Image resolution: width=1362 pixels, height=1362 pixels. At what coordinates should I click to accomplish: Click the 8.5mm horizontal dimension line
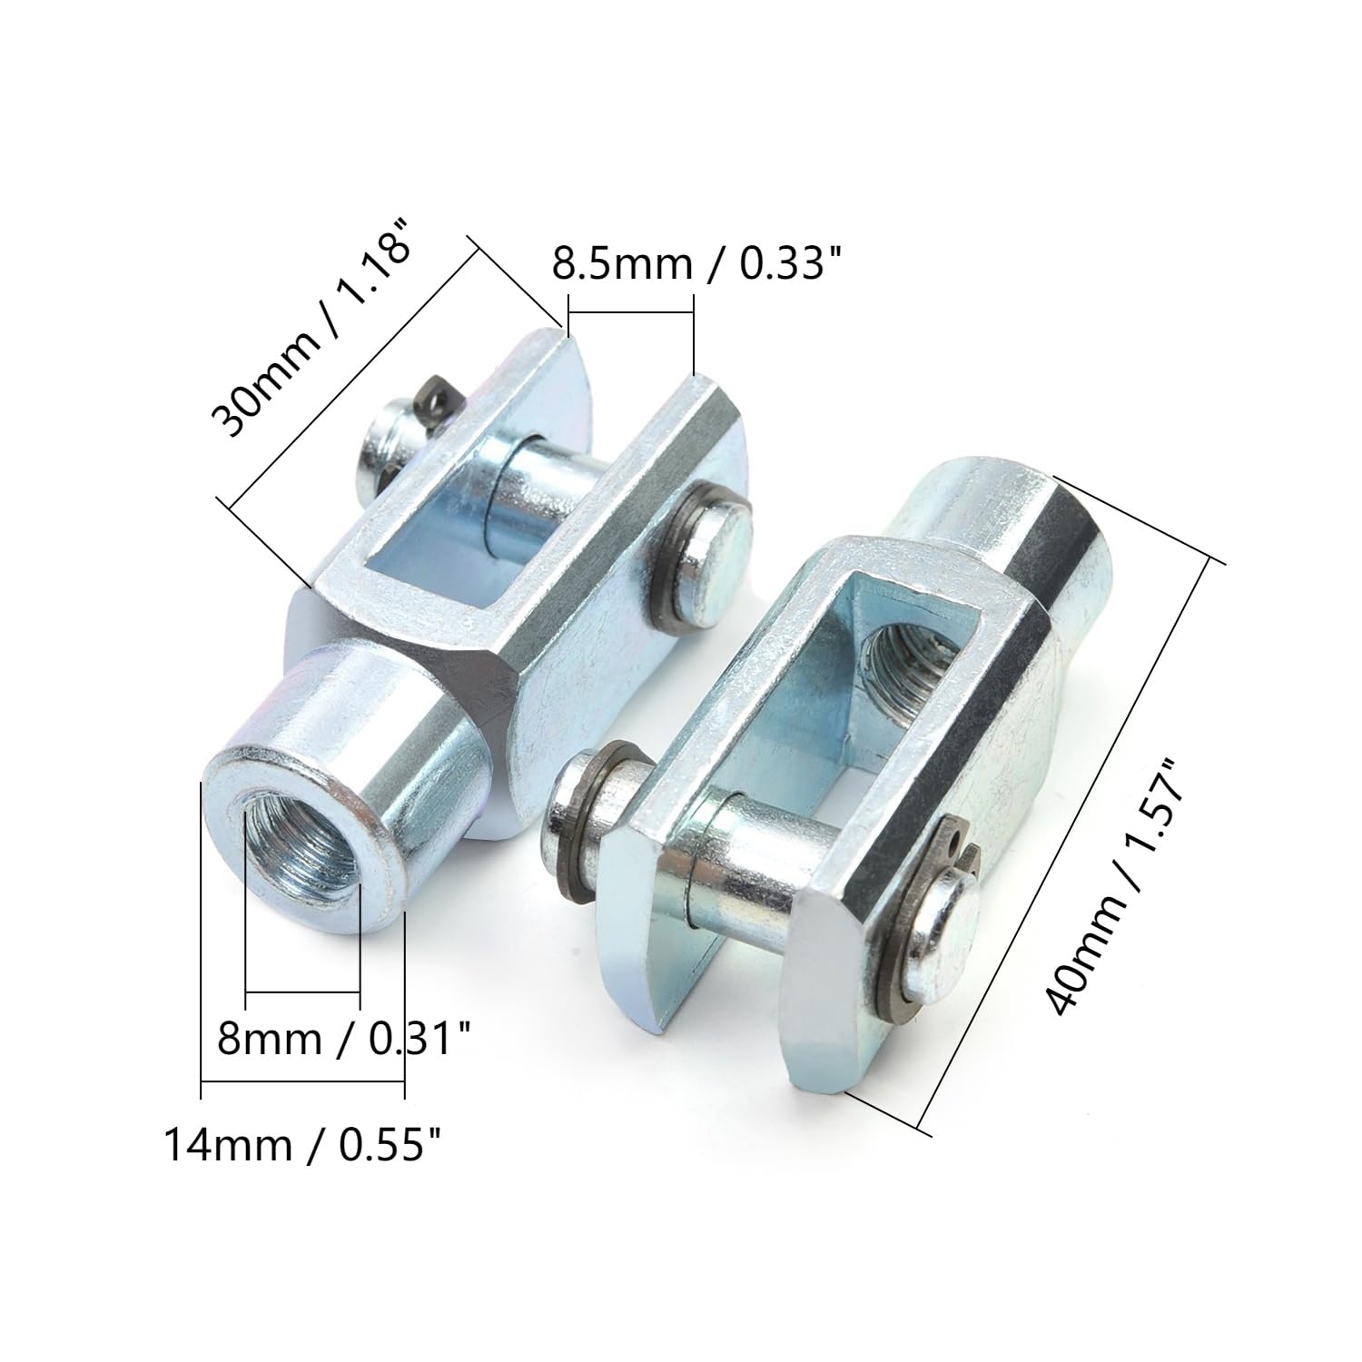pos(630,313)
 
